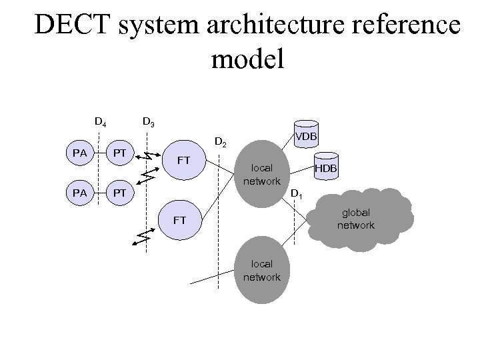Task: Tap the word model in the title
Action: (x=248, y=59)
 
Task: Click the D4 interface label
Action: (x=99, y=122)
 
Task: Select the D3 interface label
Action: (x=149, y=122)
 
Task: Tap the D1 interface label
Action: (x=297, y=195)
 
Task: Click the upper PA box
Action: (x=80, y=154)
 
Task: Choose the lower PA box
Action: (x=80, y=193)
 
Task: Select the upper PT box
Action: (x=119, y=154)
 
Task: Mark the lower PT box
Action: (x=119, y=193)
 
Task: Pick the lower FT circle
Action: (x=179, y=219)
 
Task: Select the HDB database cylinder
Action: (x=326, y=168)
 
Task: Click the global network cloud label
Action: (x=355, y=219)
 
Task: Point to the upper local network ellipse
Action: (x=261, y=172)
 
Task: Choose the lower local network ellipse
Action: (x=261, y=271)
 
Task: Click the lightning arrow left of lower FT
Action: (x=143, y=238)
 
